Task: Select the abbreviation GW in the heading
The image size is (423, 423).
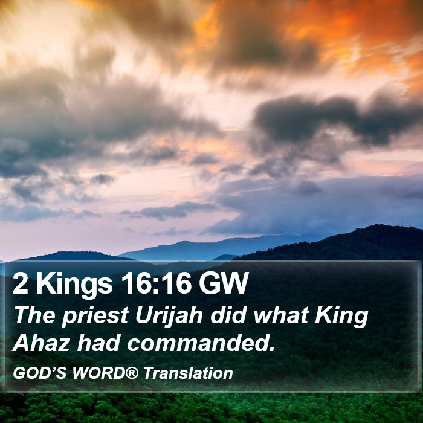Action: [x=224, y=283]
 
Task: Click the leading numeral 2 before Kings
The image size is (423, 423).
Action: [x=20, y=283]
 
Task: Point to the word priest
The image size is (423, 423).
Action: [x=95, y=317]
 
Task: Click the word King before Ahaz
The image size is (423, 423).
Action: [x=342, y=317]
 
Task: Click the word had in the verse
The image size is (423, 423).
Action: [x=98, y=343]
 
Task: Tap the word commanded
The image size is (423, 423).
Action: [x=198, y=343]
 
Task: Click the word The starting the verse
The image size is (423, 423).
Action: [x=34, y=315]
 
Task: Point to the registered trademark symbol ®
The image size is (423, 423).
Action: [x=132, y=373]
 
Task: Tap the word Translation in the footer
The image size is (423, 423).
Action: [x=188, y=373]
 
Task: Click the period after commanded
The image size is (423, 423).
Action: [x=272, y=349]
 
